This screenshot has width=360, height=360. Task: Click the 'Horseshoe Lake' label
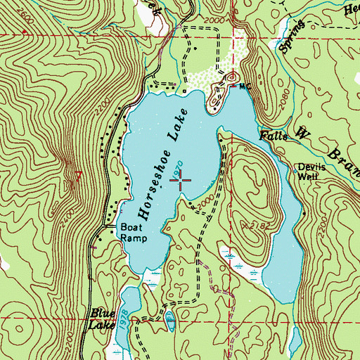pyautogui.click(x=162, y=165)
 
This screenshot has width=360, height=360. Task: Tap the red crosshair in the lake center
pyautogui.click(x=182, y=181)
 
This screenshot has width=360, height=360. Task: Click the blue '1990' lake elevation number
pyautogui.click(x=179, y=169)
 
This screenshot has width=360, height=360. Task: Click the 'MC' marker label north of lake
pyautogui.click(x=244, y=86)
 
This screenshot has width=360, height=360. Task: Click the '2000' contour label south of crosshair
pyautogui.click(x=203, y=204)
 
